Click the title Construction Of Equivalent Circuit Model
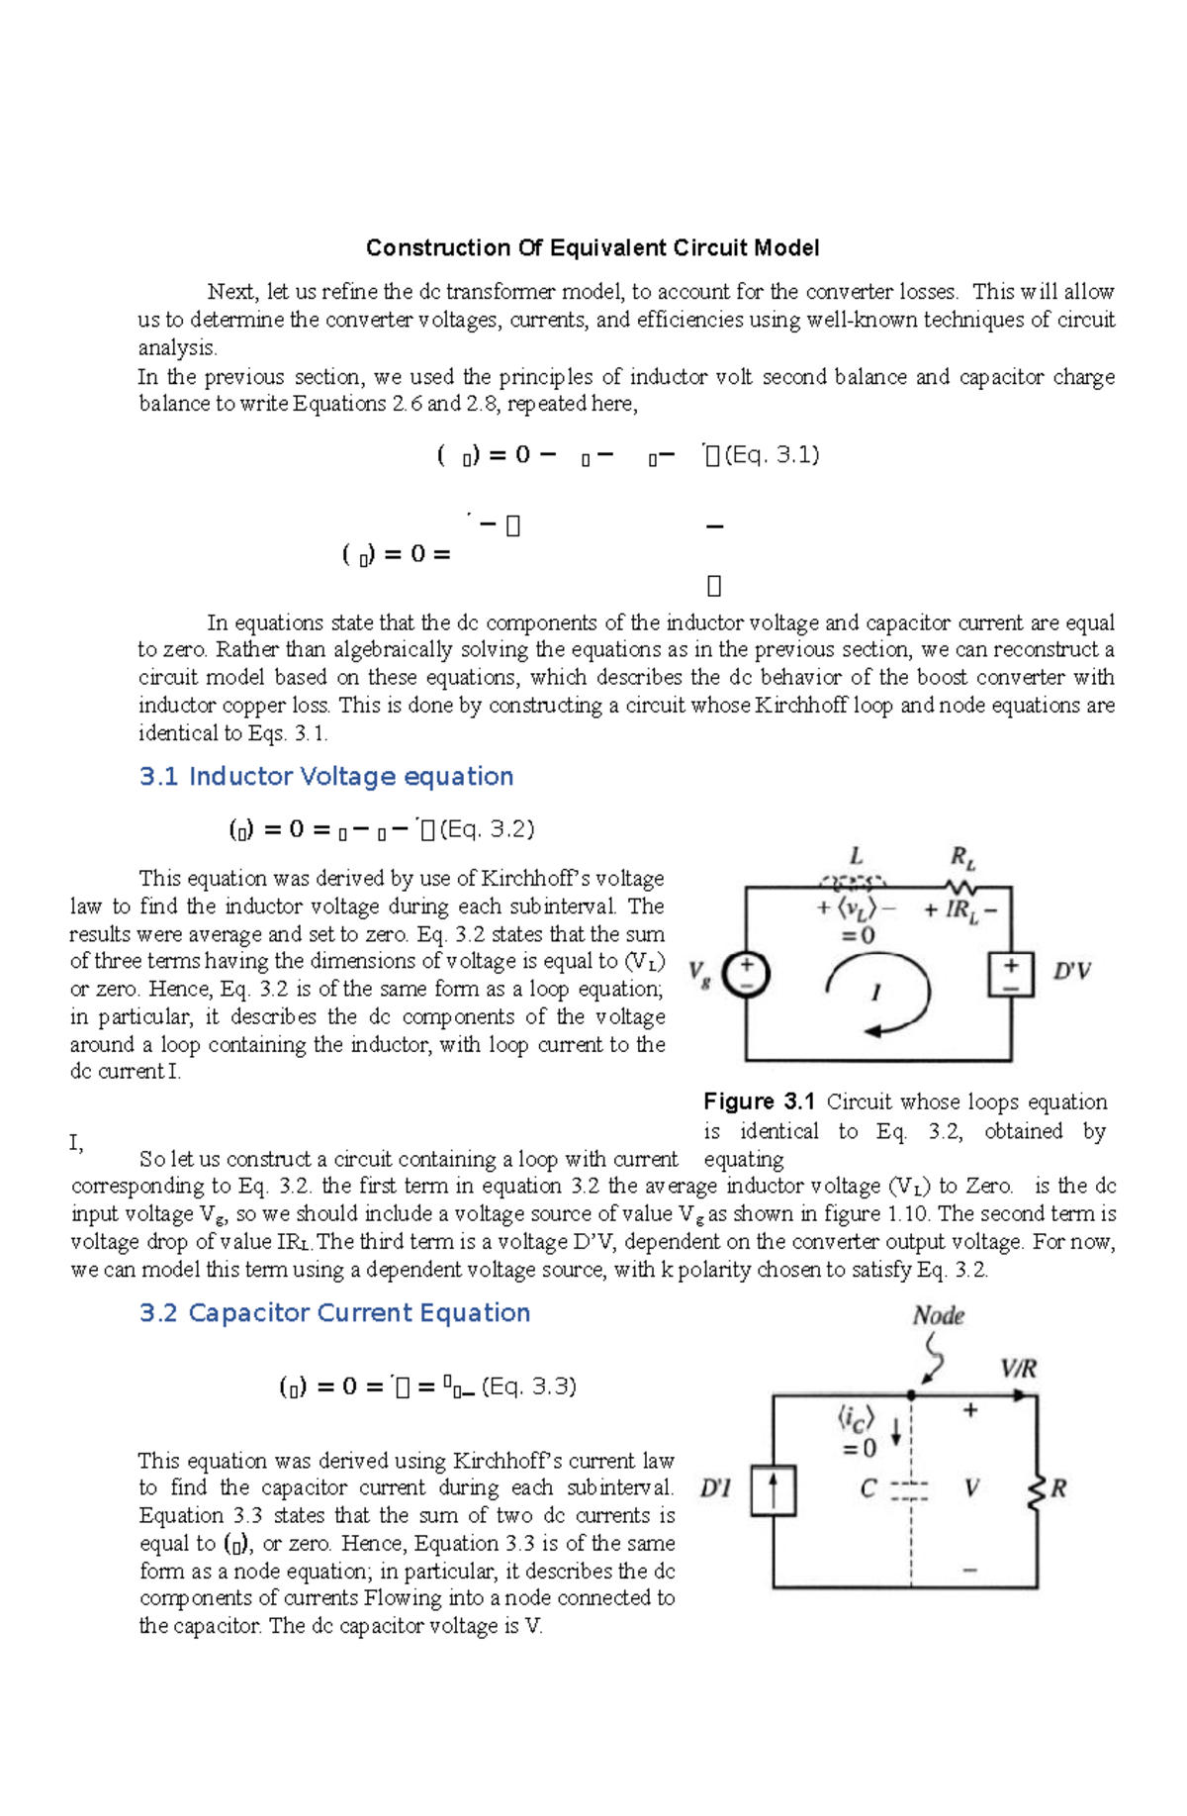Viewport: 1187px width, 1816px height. tap(592, 247)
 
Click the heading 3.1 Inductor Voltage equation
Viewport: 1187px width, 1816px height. tap(326, 777)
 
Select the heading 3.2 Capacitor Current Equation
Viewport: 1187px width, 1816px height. tap(334, 1313)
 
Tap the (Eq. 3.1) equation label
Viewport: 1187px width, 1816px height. tap(772, 455)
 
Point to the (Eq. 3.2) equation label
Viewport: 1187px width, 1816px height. tap(487, 829)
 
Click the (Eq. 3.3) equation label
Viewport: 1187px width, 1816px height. tap(528, 1386)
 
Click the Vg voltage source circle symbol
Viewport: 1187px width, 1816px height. tap(746, 974)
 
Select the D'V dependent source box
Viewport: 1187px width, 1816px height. tap(1011, 975)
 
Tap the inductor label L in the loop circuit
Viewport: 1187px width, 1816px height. tap(857, 856)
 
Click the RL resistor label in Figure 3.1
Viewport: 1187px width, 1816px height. tap(962, 857)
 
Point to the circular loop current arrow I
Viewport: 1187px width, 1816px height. tap(878, 995)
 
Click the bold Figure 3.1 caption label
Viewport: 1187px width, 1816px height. tap(759, 1101)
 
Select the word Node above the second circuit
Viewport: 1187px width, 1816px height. tap(938, 1315)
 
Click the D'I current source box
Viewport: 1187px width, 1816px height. tap(773, 1490)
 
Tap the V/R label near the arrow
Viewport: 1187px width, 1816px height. tap(1018, 1369)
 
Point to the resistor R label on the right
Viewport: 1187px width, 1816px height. tap(1058, 1488)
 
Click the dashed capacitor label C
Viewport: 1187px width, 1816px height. tap(868, 1488)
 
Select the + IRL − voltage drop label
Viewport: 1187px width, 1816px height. tap(960, 910)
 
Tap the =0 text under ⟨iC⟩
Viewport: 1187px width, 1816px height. tap(859, 1449)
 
